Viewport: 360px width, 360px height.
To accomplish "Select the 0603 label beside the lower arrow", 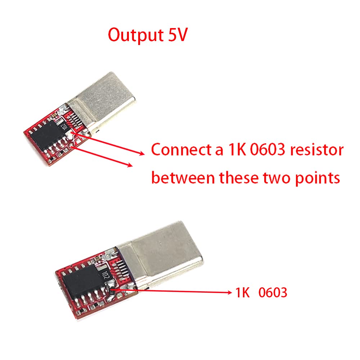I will (273, 293).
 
